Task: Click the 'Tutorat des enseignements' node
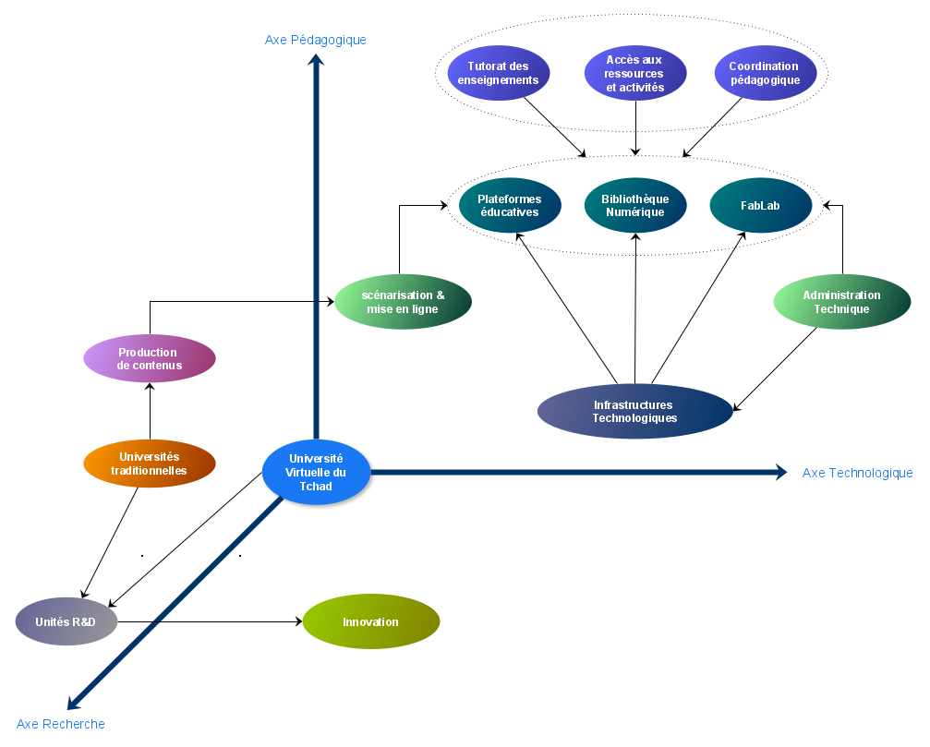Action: pos(498,73)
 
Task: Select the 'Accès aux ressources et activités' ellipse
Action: pos(635,73)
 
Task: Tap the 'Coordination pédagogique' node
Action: pos(766,73)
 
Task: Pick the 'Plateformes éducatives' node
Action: pos(509,205)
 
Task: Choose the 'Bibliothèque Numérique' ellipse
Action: pos(635,205)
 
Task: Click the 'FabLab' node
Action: pos(761,205)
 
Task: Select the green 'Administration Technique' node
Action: pos(841,302)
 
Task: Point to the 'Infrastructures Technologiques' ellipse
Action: pos(634,411)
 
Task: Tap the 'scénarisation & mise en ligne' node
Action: pos(403,302)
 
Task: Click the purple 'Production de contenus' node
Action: pos(149,358)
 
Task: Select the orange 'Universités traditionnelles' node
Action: pos(149,464)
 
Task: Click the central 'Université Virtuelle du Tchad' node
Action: pos(317,472)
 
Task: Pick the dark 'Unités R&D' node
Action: pos(66,621)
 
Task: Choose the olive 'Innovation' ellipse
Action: pos(370,621)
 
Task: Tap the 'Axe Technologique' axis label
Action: pos(857,473)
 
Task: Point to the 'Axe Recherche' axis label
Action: pos(61,724)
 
